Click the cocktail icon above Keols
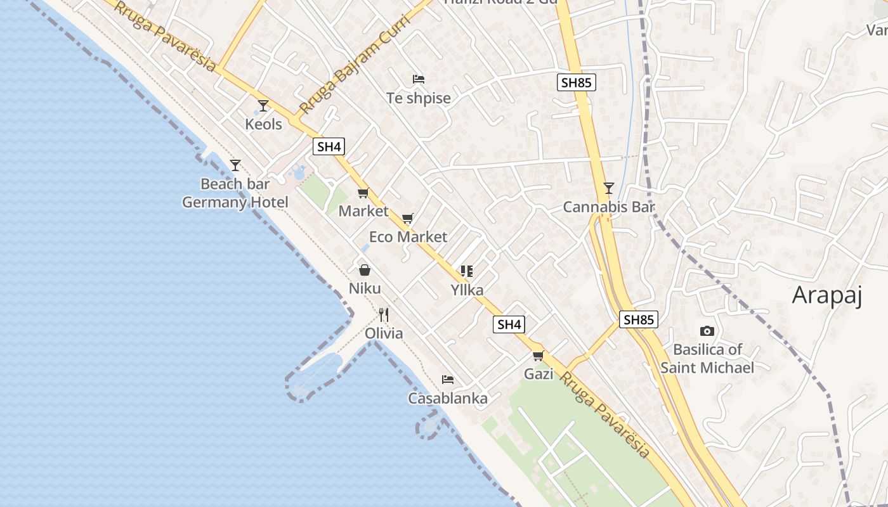(x=263, y=105)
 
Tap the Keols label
(x=263, y=124)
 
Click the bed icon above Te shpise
(x=419, y=79)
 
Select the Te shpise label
(x=419, y=98)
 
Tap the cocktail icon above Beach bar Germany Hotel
(x=235, y=165)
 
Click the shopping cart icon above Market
(x=363, y=193)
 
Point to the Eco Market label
(x=408, y=237)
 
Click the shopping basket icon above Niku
(x=365, y=270)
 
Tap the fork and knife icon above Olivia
(x=383, y=314)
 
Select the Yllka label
(x=467, y=290)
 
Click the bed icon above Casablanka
(x=448, y=380)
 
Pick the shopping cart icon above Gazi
(x=539, y=356)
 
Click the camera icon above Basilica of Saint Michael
(x=707, y=331)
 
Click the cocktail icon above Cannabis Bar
(x=609, y=188)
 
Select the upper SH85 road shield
(x=577, y=82)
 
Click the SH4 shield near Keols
(x=329, y=147)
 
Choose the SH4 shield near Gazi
(x=509, y=324)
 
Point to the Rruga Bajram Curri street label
(x=355, y=63)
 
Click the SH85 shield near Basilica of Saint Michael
(x=639, y=319)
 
